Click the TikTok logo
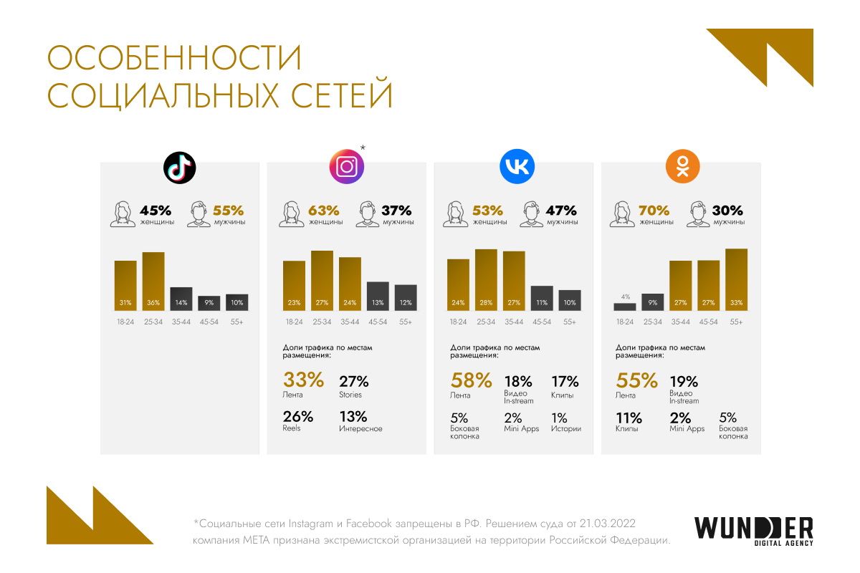179,168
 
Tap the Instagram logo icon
347,168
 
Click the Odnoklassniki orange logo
682,168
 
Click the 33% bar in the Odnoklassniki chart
736,280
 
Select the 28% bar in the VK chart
486,280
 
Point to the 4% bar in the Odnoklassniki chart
625,307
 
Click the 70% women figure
654,211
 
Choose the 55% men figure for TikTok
229,211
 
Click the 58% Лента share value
471,380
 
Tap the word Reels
292,429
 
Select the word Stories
350,395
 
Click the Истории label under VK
566,429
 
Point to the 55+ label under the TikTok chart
237,322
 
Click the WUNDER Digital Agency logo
753,531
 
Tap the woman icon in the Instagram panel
293,214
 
